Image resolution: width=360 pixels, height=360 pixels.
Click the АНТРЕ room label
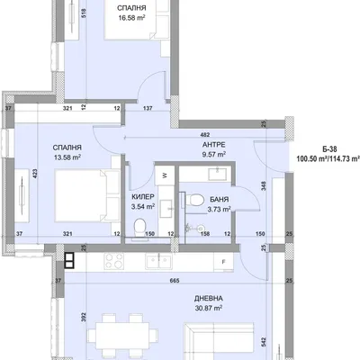[213, 145]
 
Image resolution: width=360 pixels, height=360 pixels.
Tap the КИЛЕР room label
[143, 197]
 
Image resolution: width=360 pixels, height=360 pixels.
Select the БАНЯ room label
[220, 199]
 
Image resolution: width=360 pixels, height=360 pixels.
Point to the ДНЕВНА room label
[209, 299]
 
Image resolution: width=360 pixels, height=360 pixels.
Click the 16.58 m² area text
[131, 18]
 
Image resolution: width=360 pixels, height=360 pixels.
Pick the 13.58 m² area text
[67, 157]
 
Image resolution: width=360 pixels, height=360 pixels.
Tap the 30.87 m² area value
[209, 308]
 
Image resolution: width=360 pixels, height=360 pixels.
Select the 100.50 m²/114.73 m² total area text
[328, 158]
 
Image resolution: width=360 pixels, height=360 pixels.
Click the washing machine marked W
[165, 175]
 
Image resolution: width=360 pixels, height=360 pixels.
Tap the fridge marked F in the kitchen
[223, 262]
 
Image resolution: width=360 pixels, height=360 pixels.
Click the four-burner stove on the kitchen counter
[113, 260]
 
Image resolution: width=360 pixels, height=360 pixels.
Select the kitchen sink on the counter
[158, 261]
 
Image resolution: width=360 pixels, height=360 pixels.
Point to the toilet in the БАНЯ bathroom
[197, 200]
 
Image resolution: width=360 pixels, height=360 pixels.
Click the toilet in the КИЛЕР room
[139, 227]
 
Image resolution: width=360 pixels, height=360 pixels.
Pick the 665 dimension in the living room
[175, 281]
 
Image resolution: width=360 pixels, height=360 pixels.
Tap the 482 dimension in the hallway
[205, 135]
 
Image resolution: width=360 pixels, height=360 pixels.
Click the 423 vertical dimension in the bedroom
[35, 174]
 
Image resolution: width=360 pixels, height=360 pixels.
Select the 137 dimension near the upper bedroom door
[148, 109]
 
